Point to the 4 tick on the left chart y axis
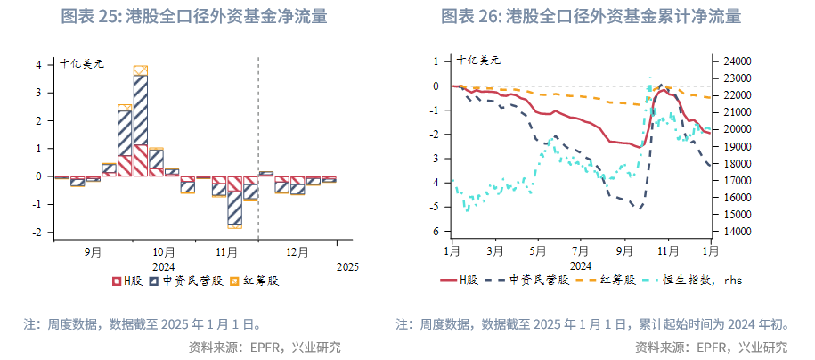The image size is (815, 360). tap(38, 65)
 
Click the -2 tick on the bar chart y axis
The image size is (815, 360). tap(37, 233)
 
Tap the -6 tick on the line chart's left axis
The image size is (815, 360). tap(435, 232)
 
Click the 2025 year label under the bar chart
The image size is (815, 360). tap(346, 266)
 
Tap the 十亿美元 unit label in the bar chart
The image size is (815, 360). tap(82, 62)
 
